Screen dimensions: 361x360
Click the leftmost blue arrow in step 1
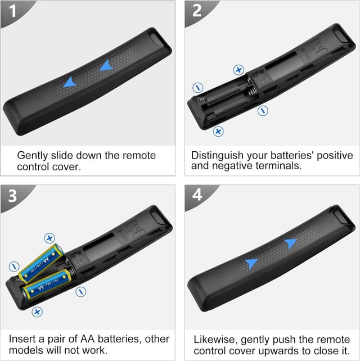(x=69, y=83)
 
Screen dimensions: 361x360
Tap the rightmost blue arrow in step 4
(x=290, y=243)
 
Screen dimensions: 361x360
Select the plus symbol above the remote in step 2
(x=239, y=70)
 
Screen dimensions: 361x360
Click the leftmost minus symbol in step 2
(x=197, y=88)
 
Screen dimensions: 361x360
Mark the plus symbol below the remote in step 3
(x=37, y=311)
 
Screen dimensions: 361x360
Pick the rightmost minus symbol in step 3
(x=81, y=291)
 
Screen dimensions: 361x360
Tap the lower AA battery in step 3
(x=48, y=285)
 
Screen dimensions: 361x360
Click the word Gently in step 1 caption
(x=33, y=155)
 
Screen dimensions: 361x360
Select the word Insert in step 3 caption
(x=21, y=340)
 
